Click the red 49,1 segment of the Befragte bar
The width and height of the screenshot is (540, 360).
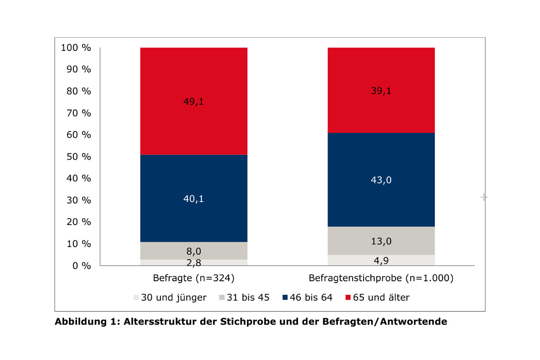click(x=193, y=101)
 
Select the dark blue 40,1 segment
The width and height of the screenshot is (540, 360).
click(x=193, y=198)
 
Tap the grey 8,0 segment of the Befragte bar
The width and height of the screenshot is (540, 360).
click(x=193, y=251)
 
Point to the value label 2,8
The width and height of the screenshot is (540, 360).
click(x=193, y=263)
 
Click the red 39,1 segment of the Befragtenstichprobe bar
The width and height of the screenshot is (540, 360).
click(x=381, y=90)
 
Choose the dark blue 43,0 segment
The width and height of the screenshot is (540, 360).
click(x=381, y=180)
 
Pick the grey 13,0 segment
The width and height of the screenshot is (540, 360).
click(x=381, y=241)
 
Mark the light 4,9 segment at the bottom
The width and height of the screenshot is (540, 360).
click(x=381, y=260)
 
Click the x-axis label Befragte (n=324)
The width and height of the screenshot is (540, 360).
click(x=193, y=279)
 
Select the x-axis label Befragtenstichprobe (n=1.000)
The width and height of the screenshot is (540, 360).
click(x=381, y=279)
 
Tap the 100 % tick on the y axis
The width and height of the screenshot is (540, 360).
click(x=76, y=48)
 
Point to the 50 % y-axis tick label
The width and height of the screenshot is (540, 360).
click(x=78, y=157)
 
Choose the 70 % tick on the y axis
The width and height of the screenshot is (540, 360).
click(x=78, y=113)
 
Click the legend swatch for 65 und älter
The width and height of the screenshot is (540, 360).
click(x=348, y=297)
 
